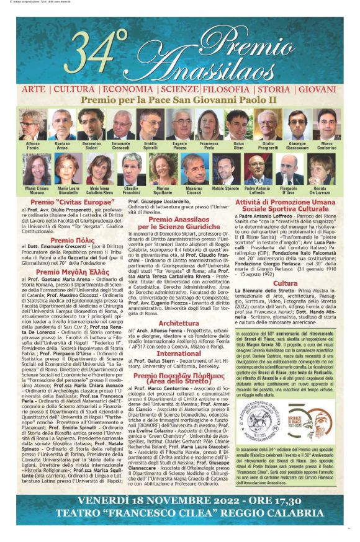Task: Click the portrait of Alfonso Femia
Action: [x=33, y=125]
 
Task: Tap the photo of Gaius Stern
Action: [x=238, y=125]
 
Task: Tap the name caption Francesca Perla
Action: [x=210, y=146]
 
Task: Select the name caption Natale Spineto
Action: [x=225, y=187]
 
